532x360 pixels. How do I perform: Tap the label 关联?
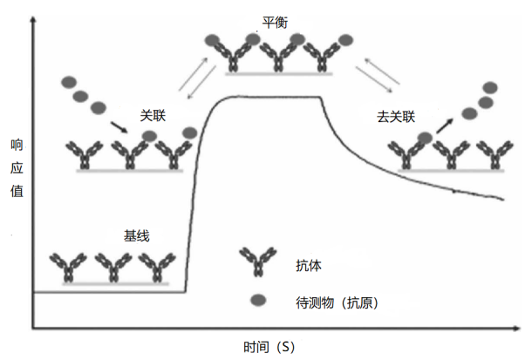coord(154,115)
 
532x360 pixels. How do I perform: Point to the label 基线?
coord(137,235)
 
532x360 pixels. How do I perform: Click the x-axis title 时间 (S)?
coord(269,346)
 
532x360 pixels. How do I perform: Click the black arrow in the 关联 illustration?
coord(118,128)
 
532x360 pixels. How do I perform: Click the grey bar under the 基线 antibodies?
coord(112,282)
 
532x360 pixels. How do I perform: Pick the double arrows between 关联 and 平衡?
coord(194,73)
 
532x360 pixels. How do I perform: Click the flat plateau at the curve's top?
coord(270,97)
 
